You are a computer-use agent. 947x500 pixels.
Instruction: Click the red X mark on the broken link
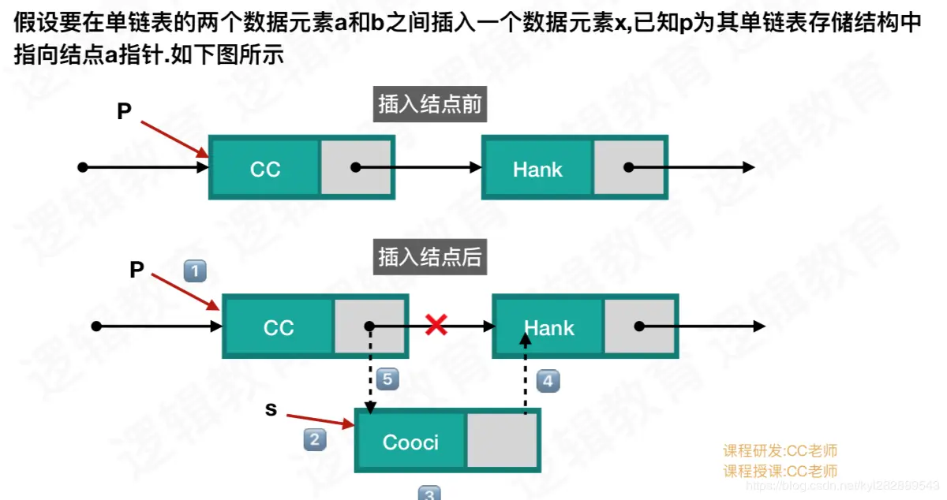coord(436,324)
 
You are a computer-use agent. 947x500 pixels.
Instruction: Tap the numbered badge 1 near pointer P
coord(195,272)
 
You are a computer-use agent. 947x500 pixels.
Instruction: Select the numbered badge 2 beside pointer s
coord(315,439)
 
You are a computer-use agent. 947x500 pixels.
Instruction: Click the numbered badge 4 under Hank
coord(548,382)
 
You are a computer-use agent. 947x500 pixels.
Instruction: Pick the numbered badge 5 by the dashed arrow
coord(387,379)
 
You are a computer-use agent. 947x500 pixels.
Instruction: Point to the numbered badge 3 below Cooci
coord(429,494)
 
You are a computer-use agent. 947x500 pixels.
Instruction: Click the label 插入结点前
coord(429,105)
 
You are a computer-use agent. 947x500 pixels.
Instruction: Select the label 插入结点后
coord(429,257)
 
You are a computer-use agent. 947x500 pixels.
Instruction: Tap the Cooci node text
coord(410,442)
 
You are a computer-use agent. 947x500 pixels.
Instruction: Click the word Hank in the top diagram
coord(537,169)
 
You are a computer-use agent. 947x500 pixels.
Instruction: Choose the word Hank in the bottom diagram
coord(549,327)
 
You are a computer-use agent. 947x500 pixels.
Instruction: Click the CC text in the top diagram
coord(265,170)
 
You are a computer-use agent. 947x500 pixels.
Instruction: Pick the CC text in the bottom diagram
coord(279,327)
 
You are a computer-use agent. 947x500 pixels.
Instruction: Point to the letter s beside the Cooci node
coord(271,409)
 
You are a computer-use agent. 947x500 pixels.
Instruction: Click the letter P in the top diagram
coord(124,112)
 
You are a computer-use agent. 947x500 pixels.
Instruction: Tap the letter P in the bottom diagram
coord(137,271)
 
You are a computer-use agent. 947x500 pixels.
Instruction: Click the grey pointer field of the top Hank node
coord(629,167)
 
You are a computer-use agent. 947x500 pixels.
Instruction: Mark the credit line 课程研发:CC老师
coord(780,451)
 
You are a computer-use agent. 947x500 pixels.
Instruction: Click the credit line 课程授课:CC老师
coord(780,471)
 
